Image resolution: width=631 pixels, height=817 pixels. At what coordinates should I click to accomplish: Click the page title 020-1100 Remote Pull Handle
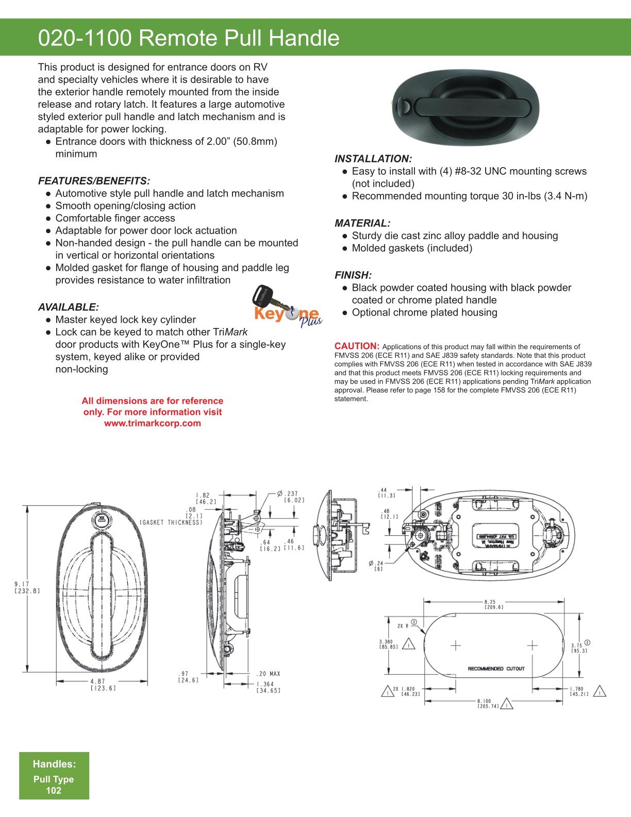point(189,38)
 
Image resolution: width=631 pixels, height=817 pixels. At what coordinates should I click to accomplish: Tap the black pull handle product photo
point(466,107)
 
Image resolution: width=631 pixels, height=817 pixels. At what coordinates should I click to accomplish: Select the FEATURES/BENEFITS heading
point(94,181)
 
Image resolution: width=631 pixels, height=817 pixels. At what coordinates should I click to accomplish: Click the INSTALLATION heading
point(373,159)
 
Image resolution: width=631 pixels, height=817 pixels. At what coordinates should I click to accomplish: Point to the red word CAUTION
point(357,346)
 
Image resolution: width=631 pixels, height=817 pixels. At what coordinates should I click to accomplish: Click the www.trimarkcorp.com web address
point(153,423)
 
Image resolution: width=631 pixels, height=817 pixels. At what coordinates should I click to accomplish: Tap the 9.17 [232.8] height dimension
point(27,587)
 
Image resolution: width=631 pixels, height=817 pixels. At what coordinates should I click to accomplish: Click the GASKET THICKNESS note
point(171,522)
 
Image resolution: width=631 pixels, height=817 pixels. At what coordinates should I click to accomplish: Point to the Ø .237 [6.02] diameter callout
point(291,497)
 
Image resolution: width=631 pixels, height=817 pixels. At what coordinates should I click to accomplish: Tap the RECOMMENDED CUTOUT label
point(496,668)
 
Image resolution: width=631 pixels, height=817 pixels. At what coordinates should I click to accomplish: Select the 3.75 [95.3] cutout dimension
point(579,648)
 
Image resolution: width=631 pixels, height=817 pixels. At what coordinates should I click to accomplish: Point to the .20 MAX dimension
point(269,674)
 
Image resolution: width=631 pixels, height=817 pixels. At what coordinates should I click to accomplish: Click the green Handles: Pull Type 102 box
point(54,776)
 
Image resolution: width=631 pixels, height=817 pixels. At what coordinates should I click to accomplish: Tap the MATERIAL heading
point(362,223)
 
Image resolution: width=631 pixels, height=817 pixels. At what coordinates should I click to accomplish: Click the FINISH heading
point(353,275)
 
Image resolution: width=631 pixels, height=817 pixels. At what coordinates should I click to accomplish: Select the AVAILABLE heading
point(68,307)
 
